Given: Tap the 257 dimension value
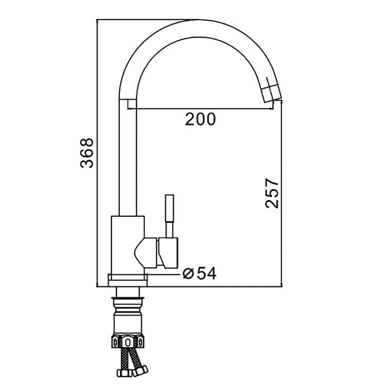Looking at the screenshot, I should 271,193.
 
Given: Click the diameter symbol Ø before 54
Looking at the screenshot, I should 188,273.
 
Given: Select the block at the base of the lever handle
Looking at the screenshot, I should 168,251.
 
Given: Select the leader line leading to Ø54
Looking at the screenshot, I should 164,273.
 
